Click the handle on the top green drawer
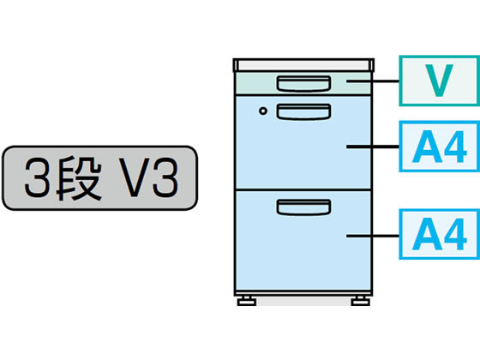tap(303, 84)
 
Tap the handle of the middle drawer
tap(303, 111)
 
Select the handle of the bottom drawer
tap(303, 207)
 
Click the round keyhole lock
tap(263, 111)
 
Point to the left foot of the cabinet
tap(247, 301)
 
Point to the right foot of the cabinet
tap(361, 301)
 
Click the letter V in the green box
tap(439, 81)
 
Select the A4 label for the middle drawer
tap(439, 147)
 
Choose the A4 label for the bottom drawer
tap(439, 234)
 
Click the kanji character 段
tap(79, 178)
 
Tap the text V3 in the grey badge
tap(149, 178)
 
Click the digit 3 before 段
tap(37, 178)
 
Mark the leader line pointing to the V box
tap(373, 81)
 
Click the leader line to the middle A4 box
tap(373, 147)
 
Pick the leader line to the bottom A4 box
tap(373, 236)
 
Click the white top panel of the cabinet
tap(303, 65)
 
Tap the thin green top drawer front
tap(303, 84)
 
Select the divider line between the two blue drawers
tap(303, 190)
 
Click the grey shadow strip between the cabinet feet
tap(303, 301)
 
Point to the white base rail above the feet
tap(303, 293)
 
